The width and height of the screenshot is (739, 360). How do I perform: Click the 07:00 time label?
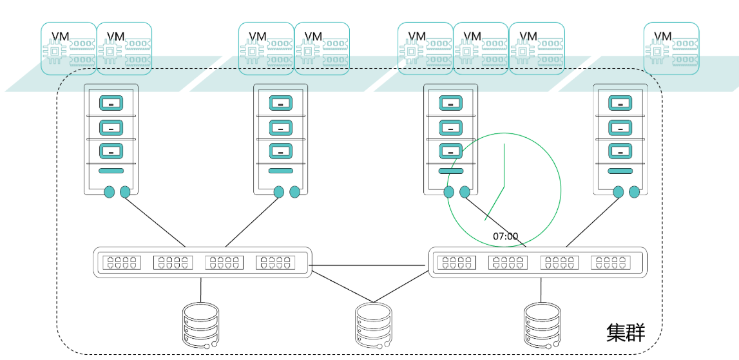point(506,236)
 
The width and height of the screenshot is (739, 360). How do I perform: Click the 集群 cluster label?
point(626,332)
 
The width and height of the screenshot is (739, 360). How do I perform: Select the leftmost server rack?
point(111,139)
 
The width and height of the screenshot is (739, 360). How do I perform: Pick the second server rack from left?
point(280,139)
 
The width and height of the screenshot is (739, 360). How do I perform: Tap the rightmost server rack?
point(620,139)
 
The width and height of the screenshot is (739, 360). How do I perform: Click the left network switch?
point(202,262)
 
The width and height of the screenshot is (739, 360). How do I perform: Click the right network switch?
point(538,262)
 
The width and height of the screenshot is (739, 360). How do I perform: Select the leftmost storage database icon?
point(200,326)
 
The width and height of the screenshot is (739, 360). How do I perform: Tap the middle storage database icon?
point(374,326)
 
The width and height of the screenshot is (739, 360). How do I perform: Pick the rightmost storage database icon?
point(542,326)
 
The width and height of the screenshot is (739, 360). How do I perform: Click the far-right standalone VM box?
point(671,48)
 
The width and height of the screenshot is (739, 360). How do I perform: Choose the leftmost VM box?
point(69,48)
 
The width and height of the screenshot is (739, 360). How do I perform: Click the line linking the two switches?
point(370,265)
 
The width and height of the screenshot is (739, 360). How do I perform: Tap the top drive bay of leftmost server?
point(111,103)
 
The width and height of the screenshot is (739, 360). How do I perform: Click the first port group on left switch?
point(121,263)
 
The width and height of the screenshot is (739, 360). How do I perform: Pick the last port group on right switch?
point(610,263)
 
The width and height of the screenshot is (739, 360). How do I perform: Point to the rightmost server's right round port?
point(634,191)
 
